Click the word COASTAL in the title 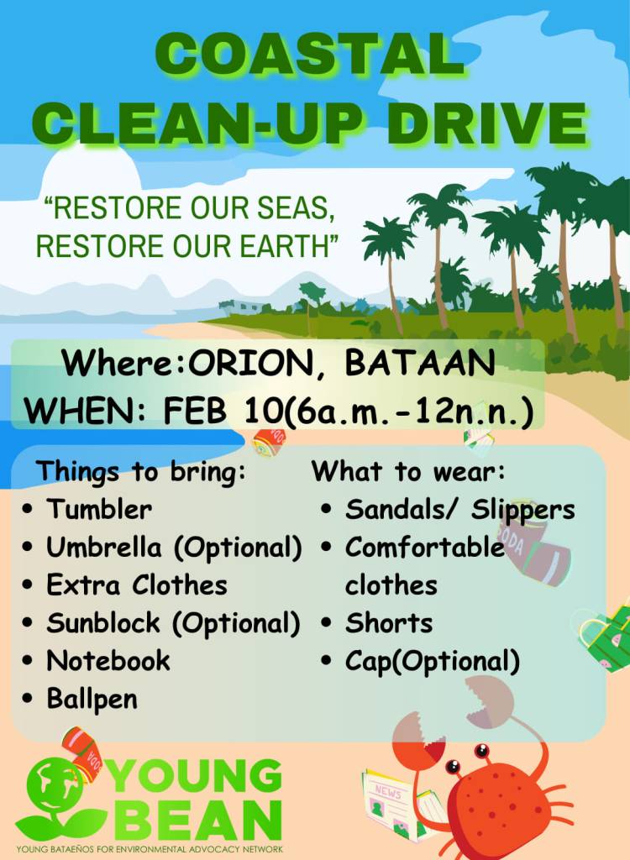pos(311,54)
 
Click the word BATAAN pos(420,362)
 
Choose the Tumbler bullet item pos(99,509)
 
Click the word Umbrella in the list pos(104,547)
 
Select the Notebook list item pos(108,660)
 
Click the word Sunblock pos(103,622)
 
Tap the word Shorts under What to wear pos(389,623)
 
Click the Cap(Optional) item pos(433,662)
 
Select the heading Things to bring pos(141,472)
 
